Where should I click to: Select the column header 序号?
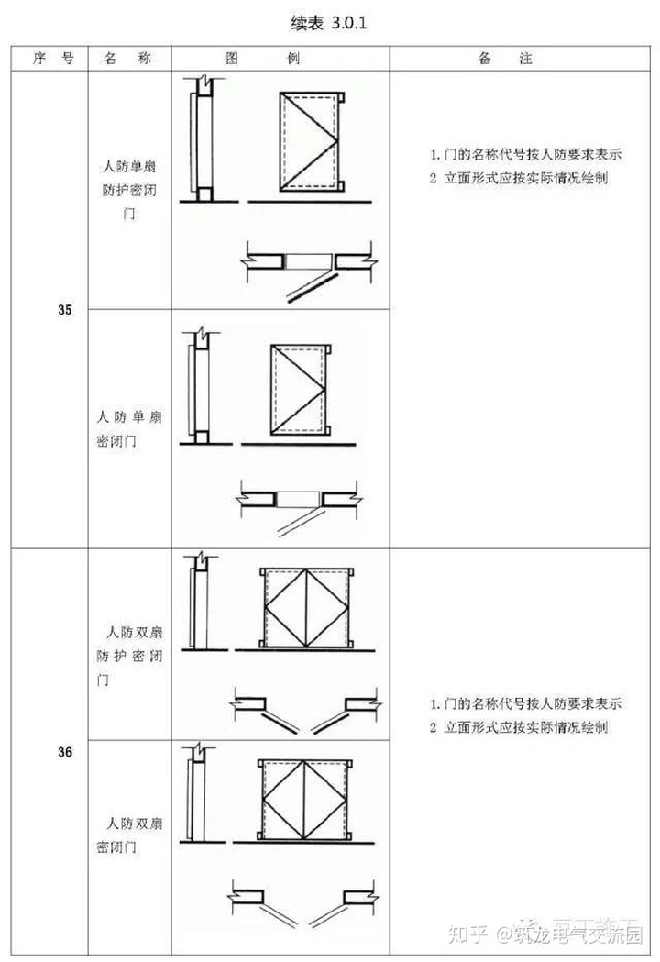[52, 58]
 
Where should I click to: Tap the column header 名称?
[128, 58]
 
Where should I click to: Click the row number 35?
[65, 310]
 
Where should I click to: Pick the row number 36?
[65, 753]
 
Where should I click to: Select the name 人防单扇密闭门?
[128, 428]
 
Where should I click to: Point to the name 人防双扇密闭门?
[129, 834]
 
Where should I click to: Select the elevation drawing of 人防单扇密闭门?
[300, 389]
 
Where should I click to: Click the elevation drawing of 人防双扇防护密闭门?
[307, 607]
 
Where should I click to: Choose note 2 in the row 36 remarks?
[518, 727]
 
